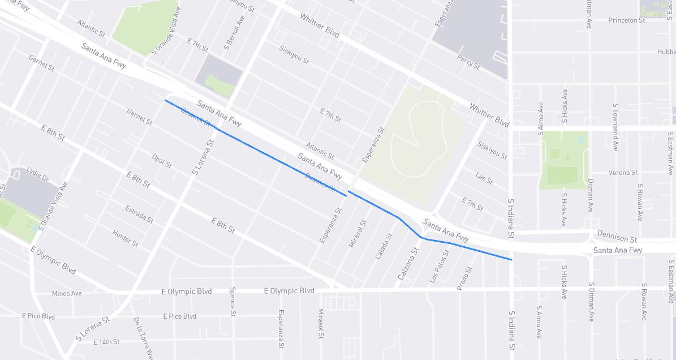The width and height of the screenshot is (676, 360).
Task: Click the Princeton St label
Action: pyautogui.click(x=626, y=20)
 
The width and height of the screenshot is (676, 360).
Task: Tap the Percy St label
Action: pyautogui.click(x=468, y=62)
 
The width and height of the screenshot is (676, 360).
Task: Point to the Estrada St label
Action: pyautogui.click(x=139, y=214)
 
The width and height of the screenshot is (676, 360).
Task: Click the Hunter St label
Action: pyautogui.click(x=125, y=238)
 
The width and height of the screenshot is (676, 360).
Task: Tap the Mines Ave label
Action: pyautogui.click(x=67, y=293)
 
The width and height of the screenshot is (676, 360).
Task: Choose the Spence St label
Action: pyautogui.click(x=232, y=301)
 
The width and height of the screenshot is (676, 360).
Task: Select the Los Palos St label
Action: pyautogui.click(x=439, y=266)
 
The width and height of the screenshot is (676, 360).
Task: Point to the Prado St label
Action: pyautogui.click(x=464, y=278)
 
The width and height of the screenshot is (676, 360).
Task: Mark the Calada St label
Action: pyautogui.click(x=384, y=246)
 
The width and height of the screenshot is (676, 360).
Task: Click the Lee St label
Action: pyautogui.click(x=484, y=178)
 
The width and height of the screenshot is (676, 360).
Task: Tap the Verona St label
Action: pyautogui.click(x=623, y=173)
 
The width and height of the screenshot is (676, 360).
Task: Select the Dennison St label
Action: pyautogui.click(x=617, y=239)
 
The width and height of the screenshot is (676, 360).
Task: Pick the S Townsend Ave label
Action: pyautogui.click(x=615, y=127)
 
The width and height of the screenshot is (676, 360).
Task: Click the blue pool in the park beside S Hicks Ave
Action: pyautogui.click(x=582, y=139)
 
